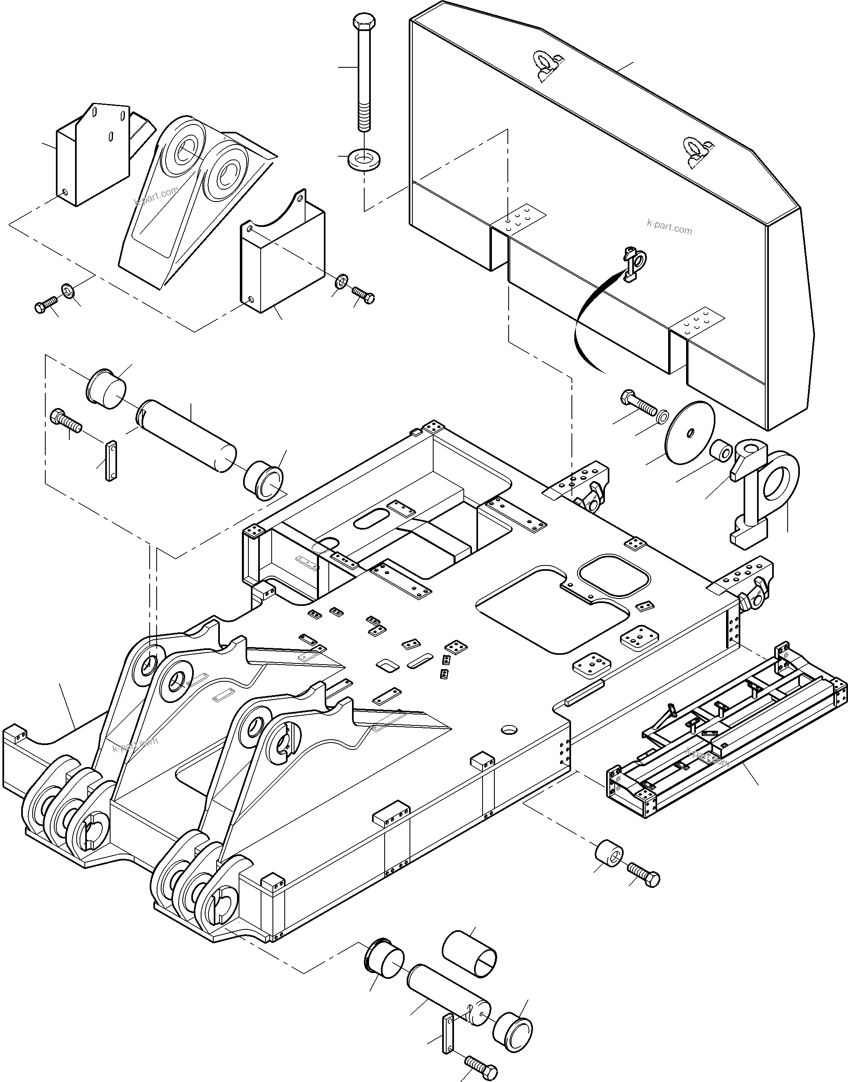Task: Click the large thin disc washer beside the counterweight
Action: click(691, 432)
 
